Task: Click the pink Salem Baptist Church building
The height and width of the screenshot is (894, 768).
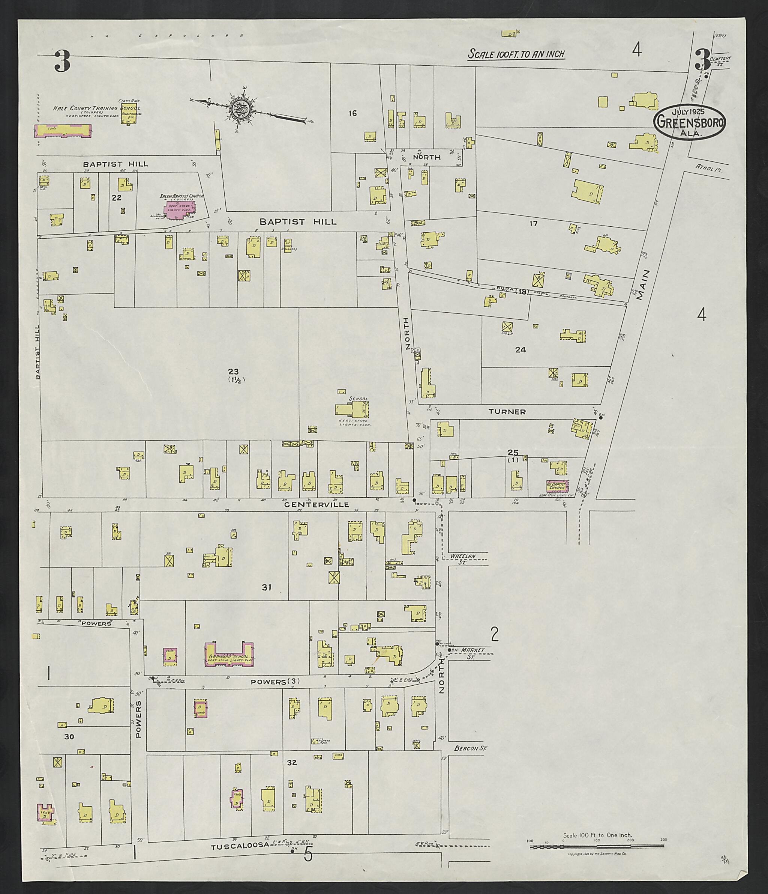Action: click(180, 209)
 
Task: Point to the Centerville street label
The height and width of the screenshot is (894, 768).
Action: click(316, 504)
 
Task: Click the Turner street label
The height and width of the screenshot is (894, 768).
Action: click(507, 412)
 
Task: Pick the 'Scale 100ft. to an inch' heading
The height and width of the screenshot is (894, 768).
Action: click(516, 54)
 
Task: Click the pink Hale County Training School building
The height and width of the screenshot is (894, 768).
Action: click(63, 131)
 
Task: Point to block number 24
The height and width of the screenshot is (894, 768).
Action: click(520, 349)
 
